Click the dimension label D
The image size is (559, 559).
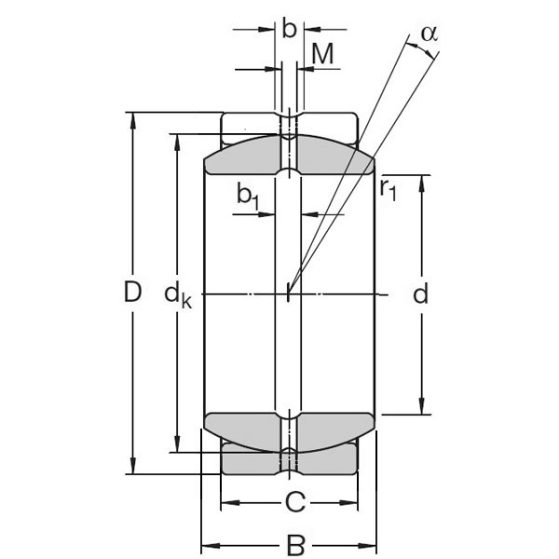(x=132, y=293)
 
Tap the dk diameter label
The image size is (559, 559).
(x=177, y=295)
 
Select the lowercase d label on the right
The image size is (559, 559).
(x=421, y=294)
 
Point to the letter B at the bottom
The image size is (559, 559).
(x=294, y=542)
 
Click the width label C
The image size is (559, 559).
(x=294, y=503)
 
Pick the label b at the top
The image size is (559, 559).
(x=289, y=29)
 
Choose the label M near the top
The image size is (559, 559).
(x=322, y=53)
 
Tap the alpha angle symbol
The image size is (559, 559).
(x=429, y=33)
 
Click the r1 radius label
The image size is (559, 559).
(x=388, y=188)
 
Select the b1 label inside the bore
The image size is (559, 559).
(x=248, y=195)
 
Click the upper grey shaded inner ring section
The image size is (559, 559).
(x=242, y=158)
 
